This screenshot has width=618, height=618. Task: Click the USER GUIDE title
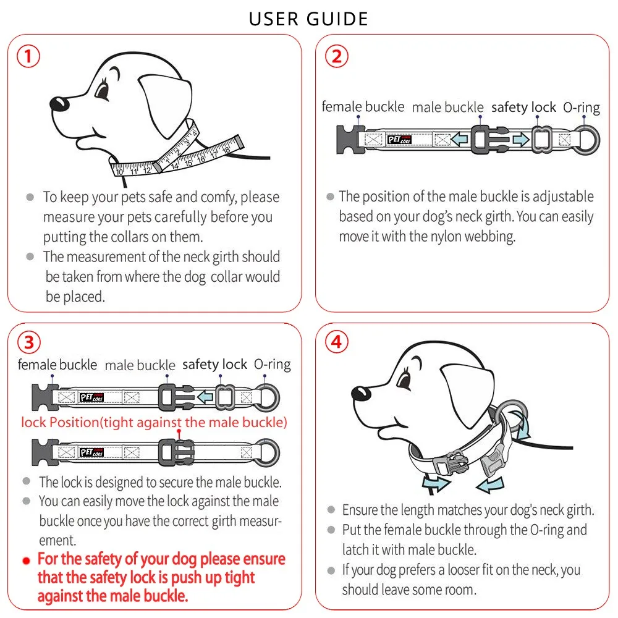tap(308, 19)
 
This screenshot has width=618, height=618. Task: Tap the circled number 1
tap(28, 56)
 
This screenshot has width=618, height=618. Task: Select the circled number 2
tap(337, 56)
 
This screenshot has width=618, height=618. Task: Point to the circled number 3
tap(29, 342)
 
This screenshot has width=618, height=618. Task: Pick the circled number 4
tap(337, 342)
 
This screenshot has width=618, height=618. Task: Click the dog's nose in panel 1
tap(59, 104)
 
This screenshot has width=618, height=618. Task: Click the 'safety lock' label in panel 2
tap(523, 107)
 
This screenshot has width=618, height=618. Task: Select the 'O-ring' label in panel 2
tap(582, 107)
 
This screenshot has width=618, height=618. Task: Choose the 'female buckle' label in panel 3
tap(57, 365)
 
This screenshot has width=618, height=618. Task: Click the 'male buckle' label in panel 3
tap(140, 365)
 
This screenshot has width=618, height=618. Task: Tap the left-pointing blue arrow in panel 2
tap(459, 139)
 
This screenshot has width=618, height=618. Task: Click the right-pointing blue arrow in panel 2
tap(521, 139)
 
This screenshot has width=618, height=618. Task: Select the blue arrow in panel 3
tap(205, 397)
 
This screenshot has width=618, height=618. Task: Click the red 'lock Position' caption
tap(154, 423)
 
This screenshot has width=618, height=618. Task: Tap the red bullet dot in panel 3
tap(27, 561)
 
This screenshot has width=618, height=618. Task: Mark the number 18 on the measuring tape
tap(226, 150)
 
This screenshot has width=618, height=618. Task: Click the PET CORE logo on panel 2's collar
tap(399, 140)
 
